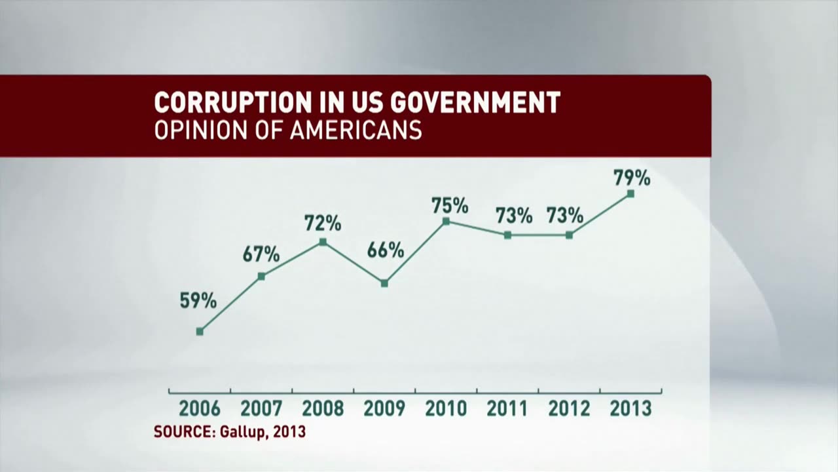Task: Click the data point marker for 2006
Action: pyautogui.click(x=200, y=332)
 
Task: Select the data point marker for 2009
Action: pyautogui.click(x=384, y=283)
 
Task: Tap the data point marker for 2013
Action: pyautogui.click(x=630, y=193)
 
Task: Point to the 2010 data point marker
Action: pyautogui.click(x=446, y=222)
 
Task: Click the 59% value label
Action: pyautogui.click(x=198, y=301)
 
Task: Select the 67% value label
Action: pyautogui.click(x=261, y=254)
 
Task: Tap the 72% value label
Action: pyautogui.click(x=323, y=224)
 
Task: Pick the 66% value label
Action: pyautogui.click(x=385, y=250)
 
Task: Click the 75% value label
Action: pyautogui.click(x=450, y=206)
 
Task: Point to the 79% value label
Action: pyautogui.click(x=632, y=178)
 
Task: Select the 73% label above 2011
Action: pyautogui.click(x=514, y=215)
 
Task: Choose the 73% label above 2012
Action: pyautogui.click(x=565, y=215)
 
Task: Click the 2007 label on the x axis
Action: pyautogui.click(x=261, y=409)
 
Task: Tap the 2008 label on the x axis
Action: pyautogui.click(x=323, y=409)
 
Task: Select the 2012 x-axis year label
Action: pyautogui.click(x=569, y=409)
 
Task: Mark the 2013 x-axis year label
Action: pyautogui.click(x=630, y=409)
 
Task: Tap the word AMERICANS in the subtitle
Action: pyautogui.click(x=355, y=130)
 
